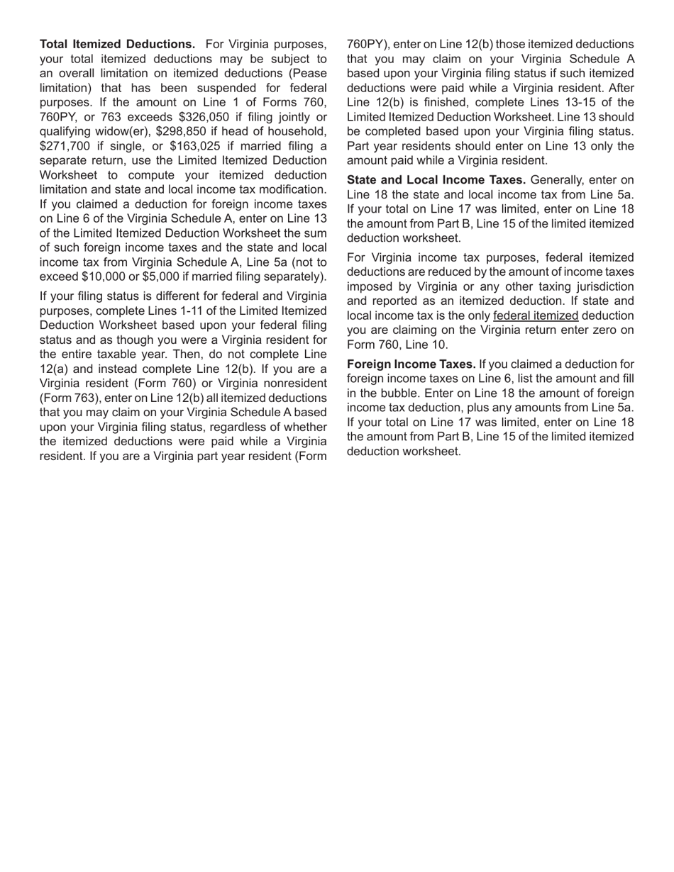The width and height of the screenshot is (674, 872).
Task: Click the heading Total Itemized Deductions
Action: click(x=117, y=44)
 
